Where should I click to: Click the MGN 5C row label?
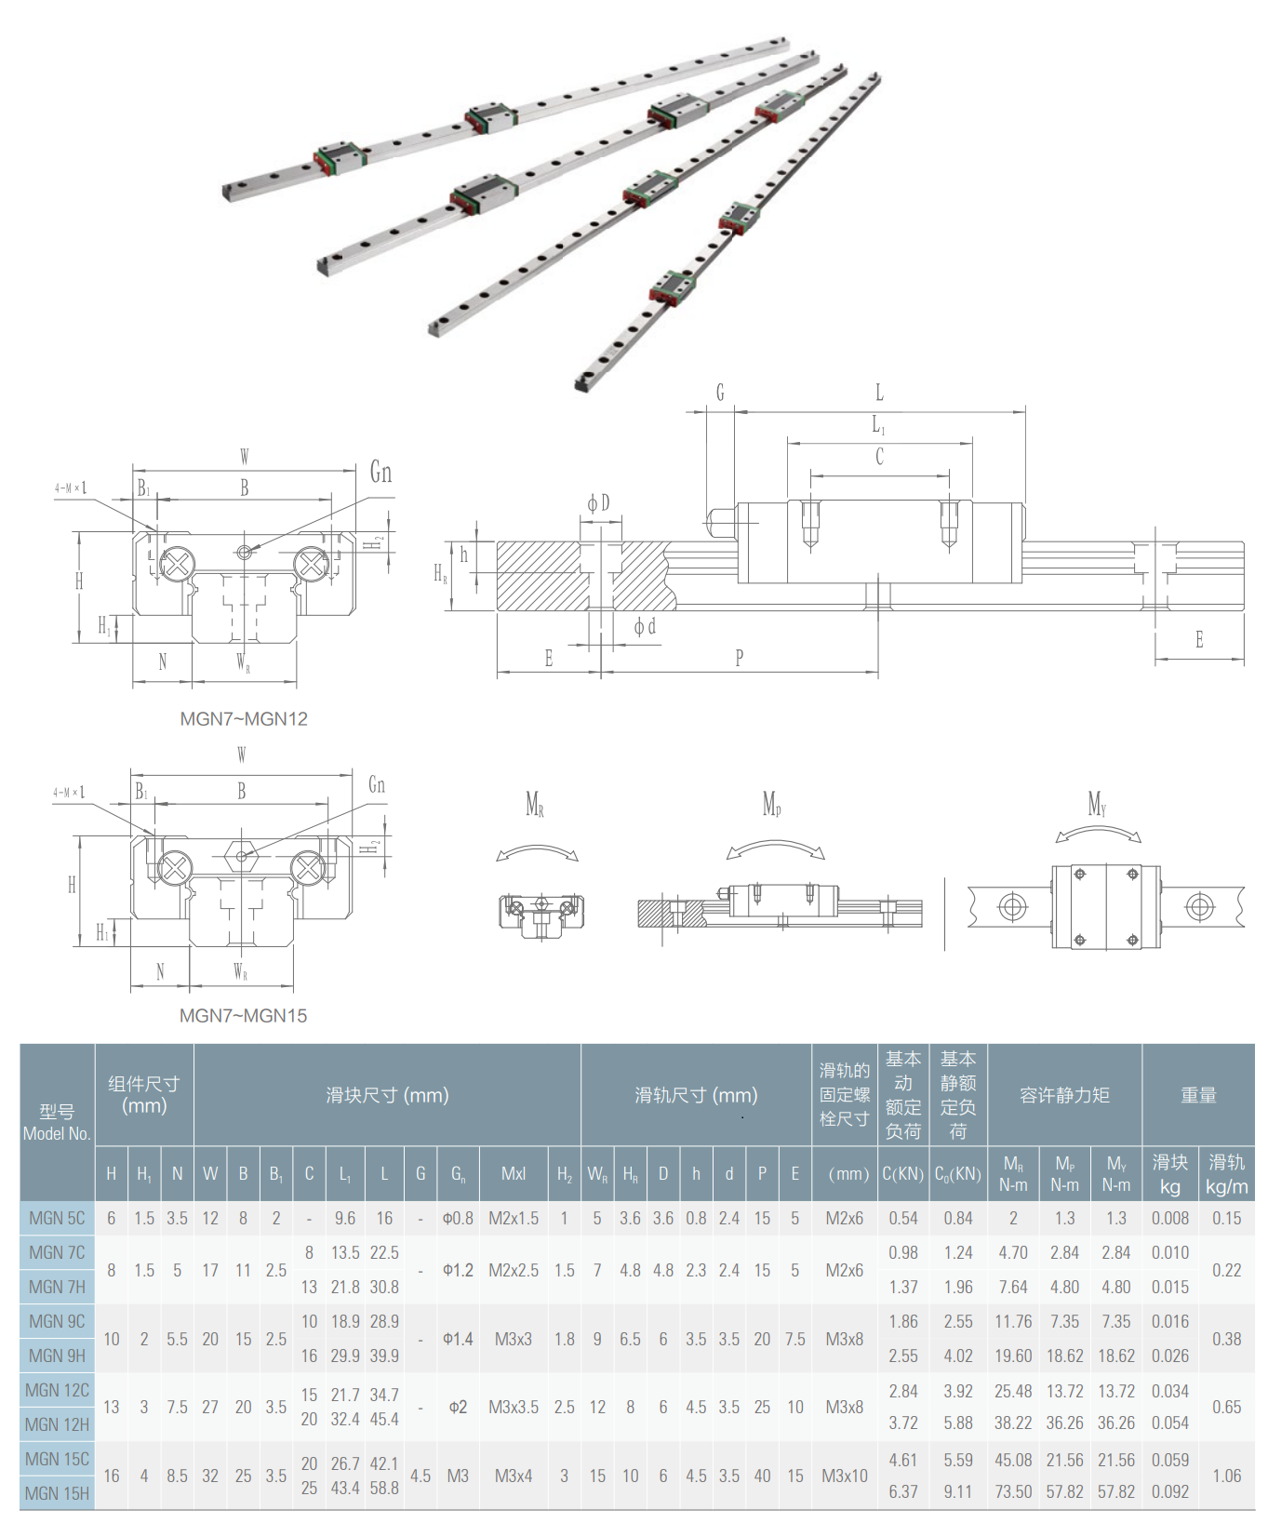[x=57, y=1218]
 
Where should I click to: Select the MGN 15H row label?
[x=57, y=1493]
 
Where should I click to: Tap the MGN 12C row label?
[x=57, y=1390]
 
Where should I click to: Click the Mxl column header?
[x=514, y=1173]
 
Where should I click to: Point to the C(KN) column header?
[x=902, y=1173]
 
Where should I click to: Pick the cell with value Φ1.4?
[x=458, y=1339]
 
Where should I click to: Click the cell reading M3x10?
[x=844, y=1476]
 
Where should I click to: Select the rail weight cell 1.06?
[x=1226, y=1476]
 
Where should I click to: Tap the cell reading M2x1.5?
[x=514, y=1218]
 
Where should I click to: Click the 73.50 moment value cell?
[x=1013, y=1491]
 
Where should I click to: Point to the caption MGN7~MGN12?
[x=244, y=718]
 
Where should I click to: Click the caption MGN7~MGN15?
[x=243, y=1015]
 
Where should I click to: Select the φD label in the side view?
[x=598, y=503]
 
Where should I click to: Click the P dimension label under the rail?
[x=740, y=658]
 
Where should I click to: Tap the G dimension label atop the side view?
[x=719, y=393]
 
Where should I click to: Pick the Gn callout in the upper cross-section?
[x=380, y=473]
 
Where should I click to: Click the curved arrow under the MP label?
[x=775, y=848]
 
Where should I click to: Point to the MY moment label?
[x=1097, y=803]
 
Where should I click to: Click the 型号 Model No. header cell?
[x=57, y=1122]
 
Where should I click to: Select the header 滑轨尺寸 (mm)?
[x=696, y=1095]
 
